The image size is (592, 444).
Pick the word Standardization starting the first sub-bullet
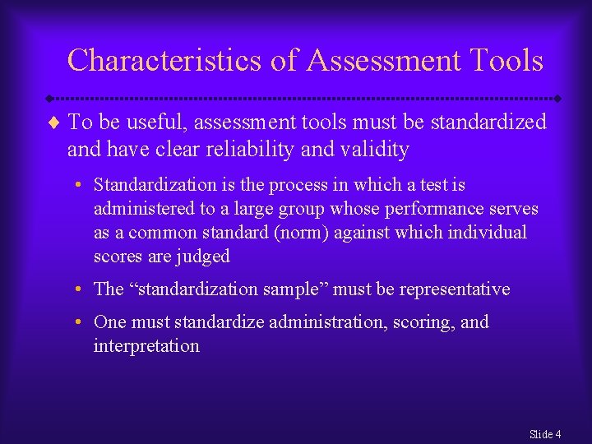(153, 185)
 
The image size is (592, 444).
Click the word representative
(456, 289)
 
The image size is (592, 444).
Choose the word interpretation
(146, 346)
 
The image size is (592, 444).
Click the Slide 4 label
(545, 433)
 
